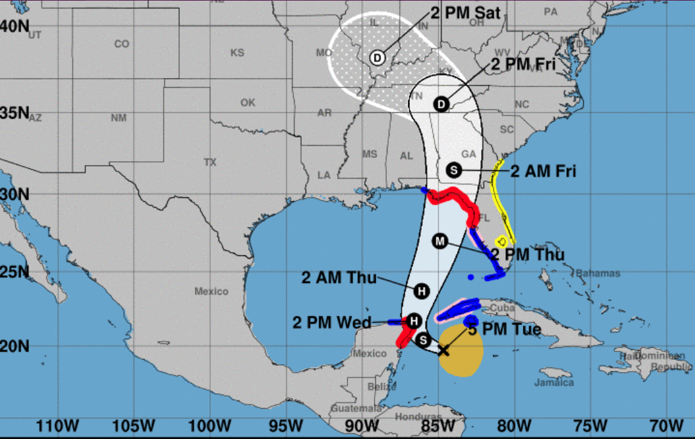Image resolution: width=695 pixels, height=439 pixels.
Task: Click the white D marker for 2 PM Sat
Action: [377, 58]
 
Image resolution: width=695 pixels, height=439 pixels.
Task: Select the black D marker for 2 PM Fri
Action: [441, 104]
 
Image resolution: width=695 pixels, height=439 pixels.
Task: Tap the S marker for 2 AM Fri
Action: [454, 170]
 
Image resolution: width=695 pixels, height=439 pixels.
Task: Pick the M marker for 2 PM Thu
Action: [440, 241]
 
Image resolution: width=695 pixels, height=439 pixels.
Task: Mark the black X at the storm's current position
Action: [444, 350]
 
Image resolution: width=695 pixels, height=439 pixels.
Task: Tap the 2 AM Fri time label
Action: [543, 171]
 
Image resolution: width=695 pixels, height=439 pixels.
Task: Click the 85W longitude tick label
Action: [438, 426]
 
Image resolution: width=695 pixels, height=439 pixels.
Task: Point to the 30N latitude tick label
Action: [15, 193]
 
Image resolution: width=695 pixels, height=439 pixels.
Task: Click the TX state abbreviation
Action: [210, 162]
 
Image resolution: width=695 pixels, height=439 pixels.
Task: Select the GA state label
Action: [469, 154]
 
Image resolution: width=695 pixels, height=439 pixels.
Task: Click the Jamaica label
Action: [554, 382]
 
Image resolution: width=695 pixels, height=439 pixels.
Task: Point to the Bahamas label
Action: [598, 273]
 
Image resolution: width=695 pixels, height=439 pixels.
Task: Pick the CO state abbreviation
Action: [122, 44]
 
